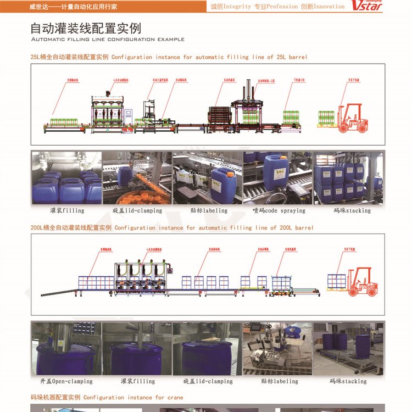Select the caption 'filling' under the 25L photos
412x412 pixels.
[x=74, y=210]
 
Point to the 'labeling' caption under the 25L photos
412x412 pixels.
[x=215, y=210]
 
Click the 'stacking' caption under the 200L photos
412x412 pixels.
[x=355, y=381]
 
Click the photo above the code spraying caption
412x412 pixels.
[x=277, y=177]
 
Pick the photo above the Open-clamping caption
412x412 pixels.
[x=66, y=348]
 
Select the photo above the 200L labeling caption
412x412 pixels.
[x=277, y=348]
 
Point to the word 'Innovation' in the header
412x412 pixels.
[x=329, y=7]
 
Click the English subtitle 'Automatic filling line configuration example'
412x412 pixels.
[x=108, y=40]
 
